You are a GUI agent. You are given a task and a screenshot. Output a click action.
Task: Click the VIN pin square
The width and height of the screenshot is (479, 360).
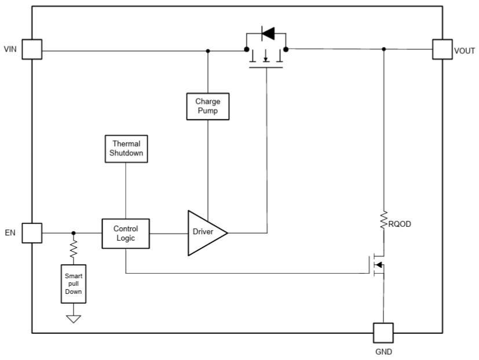point(32,49)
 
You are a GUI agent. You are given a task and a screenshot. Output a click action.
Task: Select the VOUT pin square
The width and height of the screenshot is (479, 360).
point(443,49)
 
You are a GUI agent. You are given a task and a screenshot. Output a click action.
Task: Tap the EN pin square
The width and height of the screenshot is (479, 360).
point(32,233)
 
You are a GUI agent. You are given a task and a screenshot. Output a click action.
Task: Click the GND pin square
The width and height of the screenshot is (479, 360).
point(383,333)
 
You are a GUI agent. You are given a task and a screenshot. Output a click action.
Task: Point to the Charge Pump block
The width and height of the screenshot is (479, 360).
point(207,106)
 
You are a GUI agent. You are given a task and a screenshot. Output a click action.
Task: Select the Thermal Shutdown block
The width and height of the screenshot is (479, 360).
point(126,148)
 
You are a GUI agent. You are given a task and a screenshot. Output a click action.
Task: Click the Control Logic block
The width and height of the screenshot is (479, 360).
point(126,233)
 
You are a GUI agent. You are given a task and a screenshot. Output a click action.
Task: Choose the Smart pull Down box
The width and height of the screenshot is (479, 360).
point(74,284)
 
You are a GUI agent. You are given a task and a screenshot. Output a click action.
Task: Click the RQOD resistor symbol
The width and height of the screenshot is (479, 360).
point(383,221)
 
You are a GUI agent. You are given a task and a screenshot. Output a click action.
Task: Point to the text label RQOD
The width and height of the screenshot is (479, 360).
point(401,224)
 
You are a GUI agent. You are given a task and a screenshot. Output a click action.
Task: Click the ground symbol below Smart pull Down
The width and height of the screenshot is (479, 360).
point(74,318)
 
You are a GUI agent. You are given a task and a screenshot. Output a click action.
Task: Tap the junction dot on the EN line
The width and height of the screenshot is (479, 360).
point(74,233)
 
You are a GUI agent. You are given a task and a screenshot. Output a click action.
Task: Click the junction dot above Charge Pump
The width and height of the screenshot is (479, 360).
point(208,50)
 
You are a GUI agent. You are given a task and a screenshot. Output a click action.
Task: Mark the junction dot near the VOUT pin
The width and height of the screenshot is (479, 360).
point(383,49)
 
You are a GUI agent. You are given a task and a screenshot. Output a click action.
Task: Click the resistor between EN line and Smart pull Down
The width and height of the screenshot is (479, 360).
point(74,250)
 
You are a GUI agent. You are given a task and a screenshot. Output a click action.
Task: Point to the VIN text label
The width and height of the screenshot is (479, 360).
point(10,49)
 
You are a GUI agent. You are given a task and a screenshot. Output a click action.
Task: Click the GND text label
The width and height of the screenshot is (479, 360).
point(383,351)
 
